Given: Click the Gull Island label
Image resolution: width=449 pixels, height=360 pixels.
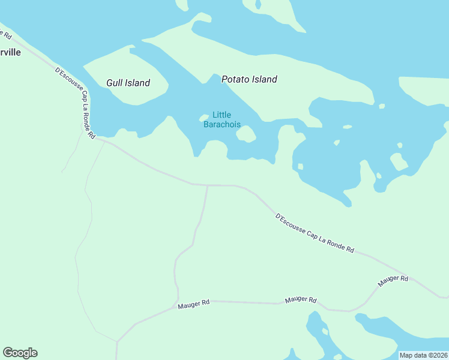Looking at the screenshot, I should pyautogui.click(x=128, y=83).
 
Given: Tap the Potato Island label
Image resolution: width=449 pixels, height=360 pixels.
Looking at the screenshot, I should pyautogui.click(x=249, y=79).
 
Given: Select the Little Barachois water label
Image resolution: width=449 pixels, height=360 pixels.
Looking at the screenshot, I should pyautogui.click(x=221, y=120).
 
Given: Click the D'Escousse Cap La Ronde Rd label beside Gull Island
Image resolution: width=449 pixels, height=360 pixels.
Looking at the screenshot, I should pyautogui.click(x=76, y=103).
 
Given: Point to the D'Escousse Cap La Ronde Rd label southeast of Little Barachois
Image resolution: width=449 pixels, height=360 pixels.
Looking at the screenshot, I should pyautogui.click(x=314, y=233).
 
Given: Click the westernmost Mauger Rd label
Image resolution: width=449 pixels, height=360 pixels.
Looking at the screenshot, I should pyautogui.click(x=193, y=304).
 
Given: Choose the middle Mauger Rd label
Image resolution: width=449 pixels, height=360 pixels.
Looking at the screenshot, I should pyautogui.click(x=301, y=299).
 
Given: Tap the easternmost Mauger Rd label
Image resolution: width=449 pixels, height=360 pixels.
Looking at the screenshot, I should pyautogui.click(x=393, y=280).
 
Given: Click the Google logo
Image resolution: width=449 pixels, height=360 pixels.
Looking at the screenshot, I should pyautogui.click(x=20, y=353).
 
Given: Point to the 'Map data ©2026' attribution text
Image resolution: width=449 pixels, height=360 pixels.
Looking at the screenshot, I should pyautogui.click(x=423, y=355).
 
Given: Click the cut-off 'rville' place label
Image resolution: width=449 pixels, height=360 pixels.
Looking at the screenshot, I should pyautogui.click(x=11, y=52).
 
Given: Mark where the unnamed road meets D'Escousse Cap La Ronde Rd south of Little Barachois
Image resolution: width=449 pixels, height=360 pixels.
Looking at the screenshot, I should pyautogui.click(x=207, y=185).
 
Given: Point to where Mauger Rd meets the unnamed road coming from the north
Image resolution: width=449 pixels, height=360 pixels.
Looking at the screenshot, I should pyautogui.click(x=178, y=301).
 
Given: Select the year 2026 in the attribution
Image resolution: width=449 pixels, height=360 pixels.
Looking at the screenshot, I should pyautogui.click(x=438, y=355).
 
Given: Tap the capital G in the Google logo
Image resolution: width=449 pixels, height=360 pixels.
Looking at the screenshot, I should pyautogui.click(x=8, y=353).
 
